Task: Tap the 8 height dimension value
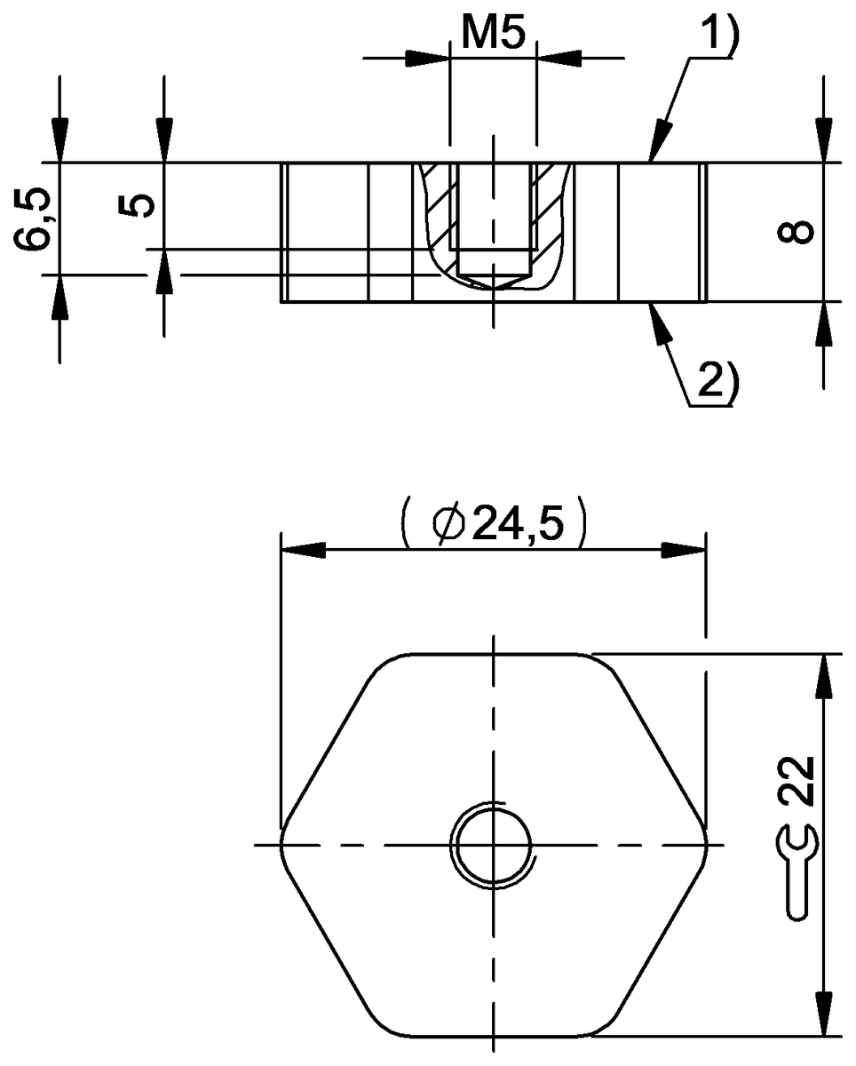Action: pos(797,232)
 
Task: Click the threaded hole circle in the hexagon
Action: pos(493,843)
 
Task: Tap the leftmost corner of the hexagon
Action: pos(282,843)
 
